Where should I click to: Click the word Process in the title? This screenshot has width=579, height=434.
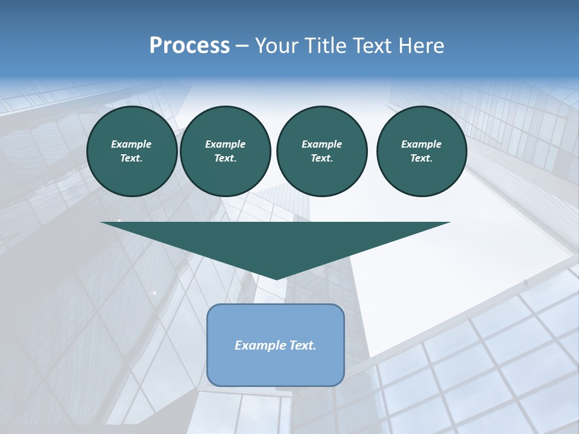(189, 46)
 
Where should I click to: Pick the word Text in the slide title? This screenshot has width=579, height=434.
(375, 46)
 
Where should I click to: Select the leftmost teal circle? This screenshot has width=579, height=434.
(131, 151)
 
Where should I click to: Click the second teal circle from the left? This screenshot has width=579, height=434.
(225, 151)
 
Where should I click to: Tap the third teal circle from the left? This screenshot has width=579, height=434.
(321, 151)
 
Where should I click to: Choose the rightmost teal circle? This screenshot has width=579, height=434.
(421, 151)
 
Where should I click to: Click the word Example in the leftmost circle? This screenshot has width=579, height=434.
(131, 144)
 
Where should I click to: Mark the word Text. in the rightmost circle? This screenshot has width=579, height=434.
(421, 159)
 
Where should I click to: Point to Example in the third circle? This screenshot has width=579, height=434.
(321, 144)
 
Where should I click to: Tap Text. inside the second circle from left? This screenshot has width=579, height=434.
(225, 159)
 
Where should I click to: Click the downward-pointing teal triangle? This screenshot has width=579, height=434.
(276, 241)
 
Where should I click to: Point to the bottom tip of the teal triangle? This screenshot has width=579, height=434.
(276, 277)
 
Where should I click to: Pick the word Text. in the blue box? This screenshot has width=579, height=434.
(303, 345)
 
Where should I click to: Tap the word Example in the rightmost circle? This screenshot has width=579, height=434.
(421, 144)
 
